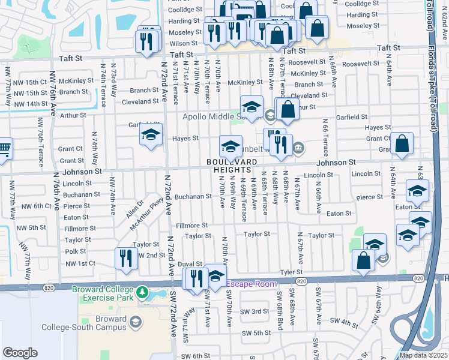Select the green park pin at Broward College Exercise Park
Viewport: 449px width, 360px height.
142,293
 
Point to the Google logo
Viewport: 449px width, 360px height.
20,353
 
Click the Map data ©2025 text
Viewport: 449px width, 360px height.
424,355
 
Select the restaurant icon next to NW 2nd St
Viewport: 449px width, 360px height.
126,258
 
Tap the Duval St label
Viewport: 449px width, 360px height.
190,263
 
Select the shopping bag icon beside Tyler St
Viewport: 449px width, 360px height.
363,262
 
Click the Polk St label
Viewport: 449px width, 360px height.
76,251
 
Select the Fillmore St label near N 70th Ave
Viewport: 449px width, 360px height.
192,226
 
